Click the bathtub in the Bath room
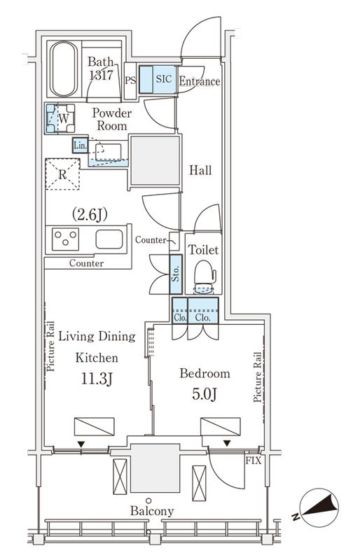[x=63, y=69]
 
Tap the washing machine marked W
[x=61, y=118]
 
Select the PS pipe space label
[x=130, y=80]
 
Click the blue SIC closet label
[x=164, y=79]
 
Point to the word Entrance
[x=199, y=81]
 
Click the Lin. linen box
[x=80, y=146]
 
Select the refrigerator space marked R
[x=62, y=174]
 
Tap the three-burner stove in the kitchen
[x=65, y=239]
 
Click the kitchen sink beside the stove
[x=109, y=239]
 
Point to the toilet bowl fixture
[x=205, y=276]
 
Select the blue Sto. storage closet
[x=176, y=274]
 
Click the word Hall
[x=200, y=170]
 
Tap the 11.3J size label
[x=97, y=379]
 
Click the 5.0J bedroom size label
[x=205, y=394]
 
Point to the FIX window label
[x=253, y=461]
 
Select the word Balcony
[x=152, y=511]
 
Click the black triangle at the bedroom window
[x=227, y=443]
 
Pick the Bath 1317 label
[x=101, y=68]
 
